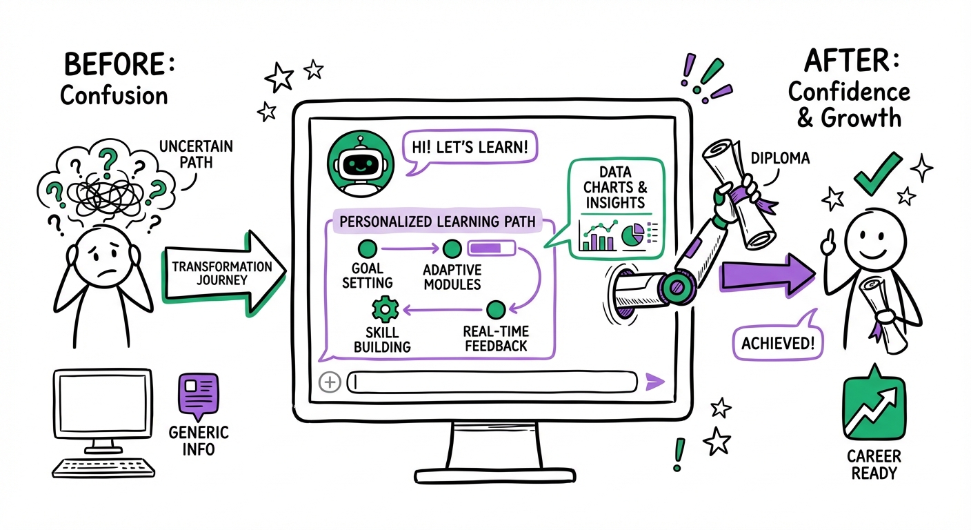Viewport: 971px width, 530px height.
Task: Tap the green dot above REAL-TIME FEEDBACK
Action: pyautogui.click(x=495, y=308)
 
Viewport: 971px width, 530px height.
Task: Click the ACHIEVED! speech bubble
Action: pyautogui.click(x=777, y=342)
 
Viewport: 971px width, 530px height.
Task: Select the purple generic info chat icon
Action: pyautogui.click(x=198, y=395)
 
